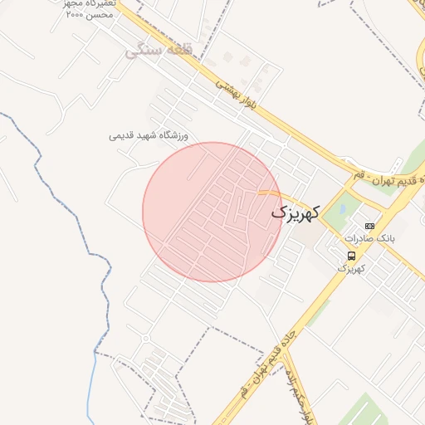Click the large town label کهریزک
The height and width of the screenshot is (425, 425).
tap(295, 213)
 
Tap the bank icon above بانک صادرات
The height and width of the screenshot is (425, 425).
tap(369, 226)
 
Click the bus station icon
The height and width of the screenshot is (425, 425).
tap(351, 256)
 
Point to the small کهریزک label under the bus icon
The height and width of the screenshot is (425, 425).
tap(351, 268)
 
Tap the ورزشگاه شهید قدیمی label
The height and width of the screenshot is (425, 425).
tap(149, 134)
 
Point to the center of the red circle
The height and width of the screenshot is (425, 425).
tap(212, 212)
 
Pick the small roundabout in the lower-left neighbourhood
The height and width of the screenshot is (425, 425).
tap(146, 338)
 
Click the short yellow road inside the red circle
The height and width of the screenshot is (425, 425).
tap(267, 193)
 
